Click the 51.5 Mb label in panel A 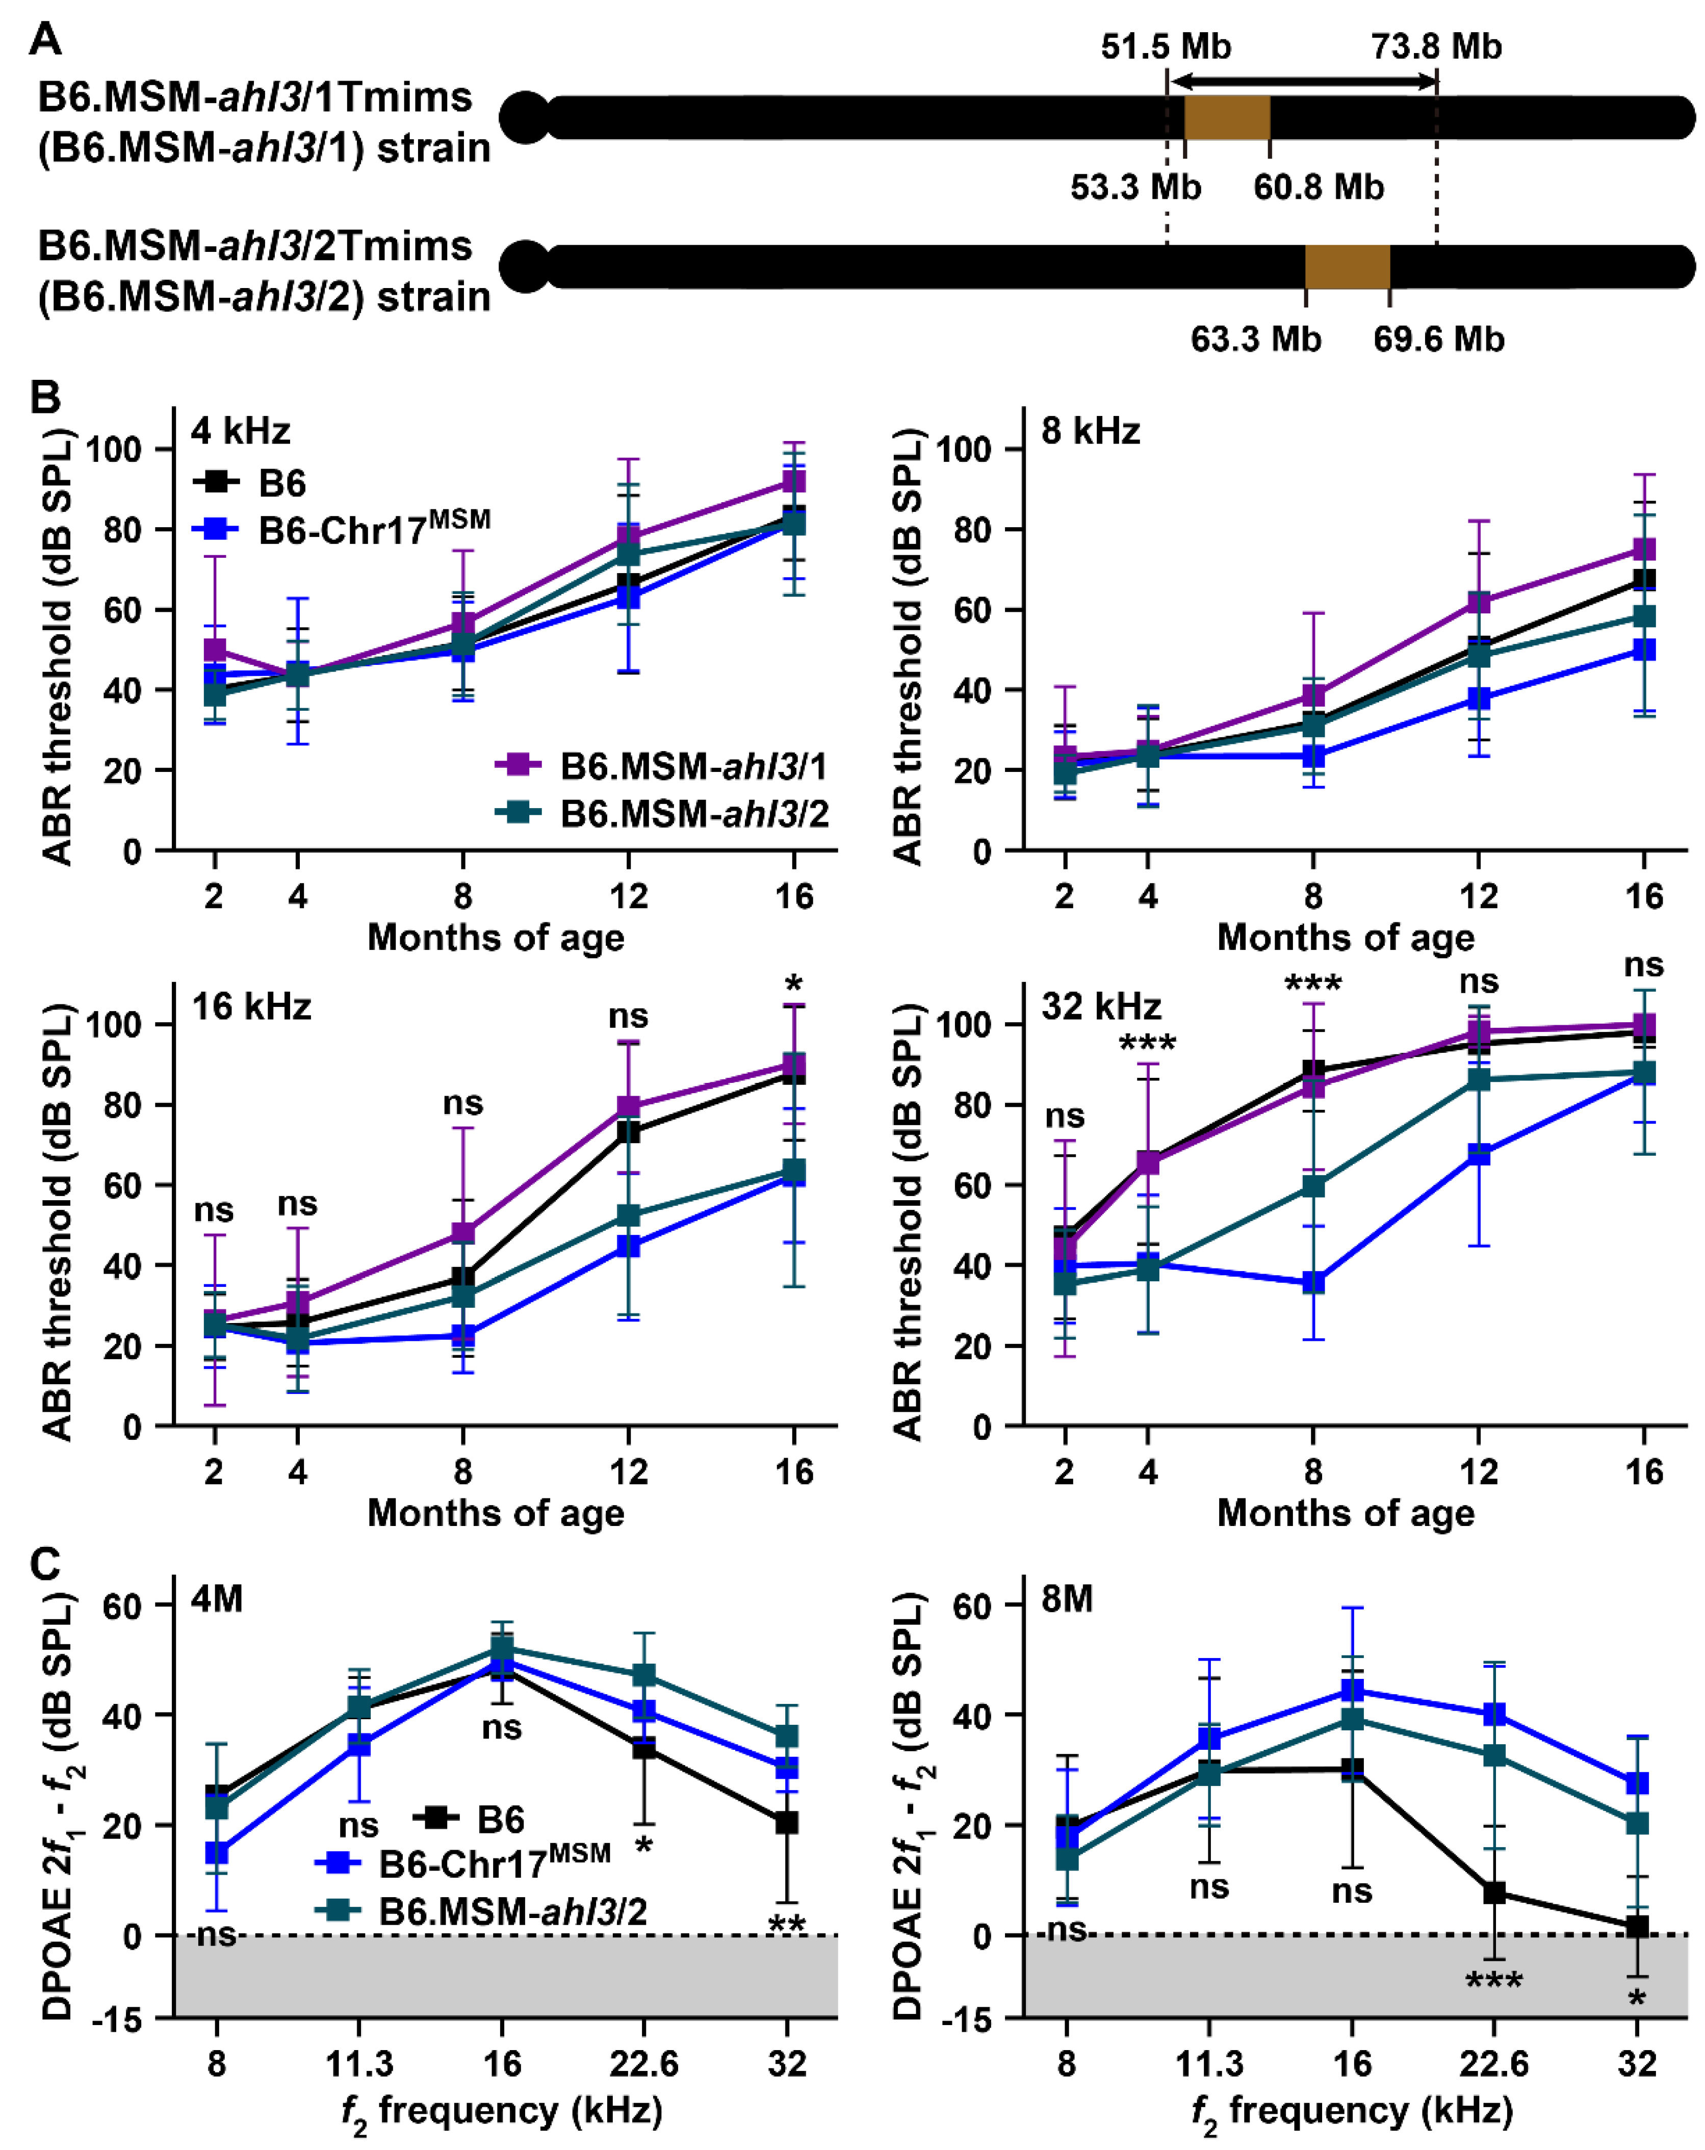pos(1165,47)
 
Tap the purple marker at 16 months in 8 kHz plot pos(1643,550)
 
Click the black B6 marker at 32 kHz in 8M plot pos(1636,1927)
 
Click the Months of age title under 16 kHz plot pos(496,1513)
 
